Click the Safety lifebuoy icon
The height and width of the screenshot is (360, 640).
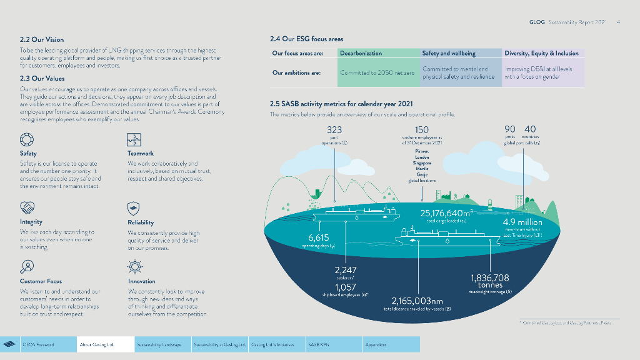(27, 139)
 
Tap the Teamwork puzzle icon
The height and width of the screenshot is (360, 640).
(134, 139)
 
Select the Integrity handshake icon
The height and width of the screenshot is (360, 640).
(27, 207)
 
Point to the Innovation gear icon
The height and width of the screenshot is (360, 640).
(134, 267)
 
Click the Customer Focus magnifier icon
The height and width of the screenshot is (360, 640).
(27, 267)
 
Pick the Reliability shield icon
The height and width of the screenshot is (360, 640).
(134, 207)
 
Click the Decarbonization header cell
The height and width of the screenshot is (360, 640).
(377, 54)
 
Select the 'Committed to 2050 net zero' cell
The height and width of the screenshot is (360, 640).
(377, 73)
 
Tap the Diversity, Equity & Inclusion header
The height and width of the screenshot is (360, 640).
(542, 54)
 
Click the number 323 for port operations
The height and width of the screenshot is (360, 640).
(334, 129)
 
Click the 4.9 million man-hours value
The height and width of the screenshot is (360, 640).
(523, 222)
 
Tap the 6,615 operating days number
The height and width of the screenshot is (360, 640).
(319, 237)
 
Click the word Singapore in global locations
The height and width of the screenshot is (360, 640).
(422, 163)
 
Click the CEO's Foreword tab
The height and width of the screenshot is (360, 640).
(38, 344)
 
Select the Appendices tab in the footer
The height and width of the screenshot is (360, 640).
(376, 344)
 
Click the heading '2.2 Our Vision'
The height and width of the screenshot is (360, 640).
(42, 39)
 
